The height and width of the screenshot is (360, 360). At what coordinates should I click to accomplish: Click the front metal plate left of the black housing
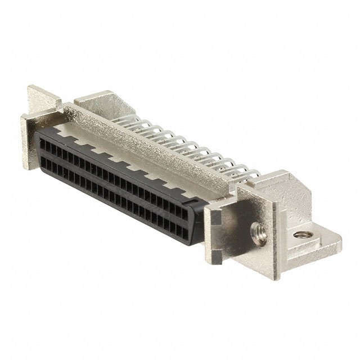pyautogui.click(x=31, y=135)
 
